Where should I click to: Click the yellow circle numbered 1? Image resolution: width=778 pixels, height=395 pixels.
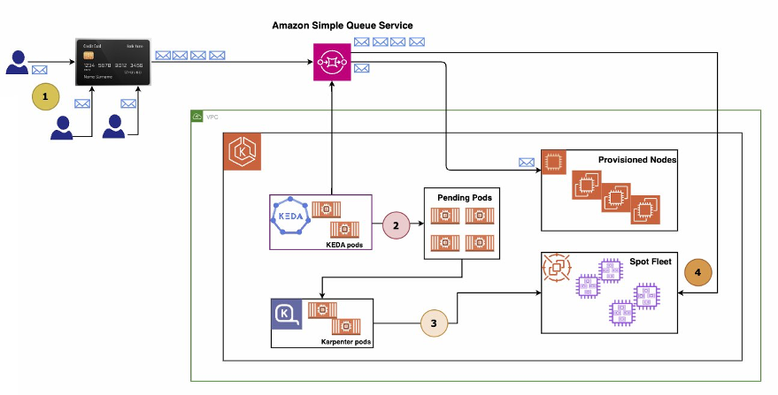45,95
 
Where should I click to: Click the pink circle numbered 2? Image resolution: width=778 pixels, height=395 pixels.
397,226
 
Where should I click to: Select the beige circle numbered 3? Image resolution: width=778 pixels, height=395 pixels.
434,323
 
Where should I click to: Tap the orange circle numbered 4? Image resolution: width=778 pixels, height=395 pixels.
698,274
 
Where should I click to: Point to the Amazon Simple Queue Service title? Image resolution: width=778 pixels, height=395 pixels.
342,26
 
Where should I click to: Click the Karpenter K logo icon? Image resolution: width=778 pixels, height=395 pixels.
288,313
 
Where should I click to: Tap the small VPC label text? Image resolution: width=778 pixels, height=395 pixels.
212,117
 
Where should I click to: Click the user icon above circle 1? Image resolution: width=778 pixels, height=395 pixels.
17,62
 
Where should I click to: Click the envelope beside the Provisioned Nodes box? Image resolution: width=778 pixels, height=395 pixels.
527,162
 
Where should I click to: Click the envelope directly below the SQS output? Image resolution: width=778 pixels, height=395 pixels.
361,68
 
